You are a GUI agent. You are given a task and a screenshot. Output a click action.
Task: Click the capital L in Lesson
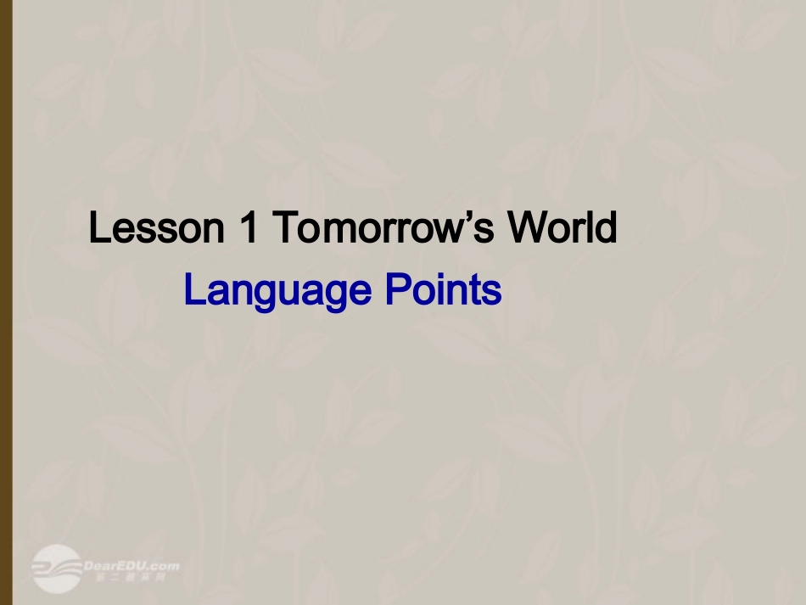(99, 228)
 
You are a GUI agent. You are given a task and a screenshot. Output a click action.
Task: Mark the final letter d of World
(607, 228)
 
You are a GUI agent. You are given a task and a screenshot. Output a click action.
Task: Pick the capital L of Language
(193, 291)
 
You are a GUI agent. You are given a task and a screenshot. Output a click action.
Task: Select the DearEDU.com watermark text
(132, 565)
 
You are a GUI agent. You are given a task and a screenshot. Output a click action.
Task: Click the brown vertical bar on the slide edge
(6, 302)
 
